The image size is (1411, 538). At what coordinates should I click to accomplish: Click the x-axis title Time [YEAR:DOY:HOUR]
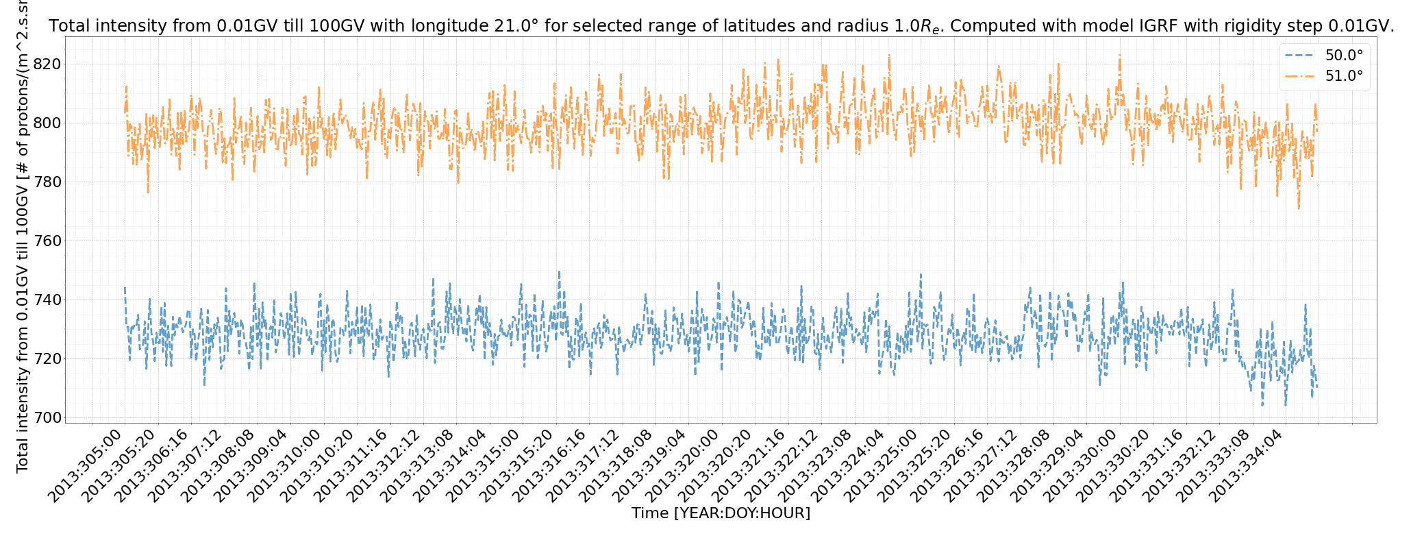721,513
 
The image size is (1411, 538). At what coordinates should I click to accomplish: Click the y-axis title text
23,240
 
